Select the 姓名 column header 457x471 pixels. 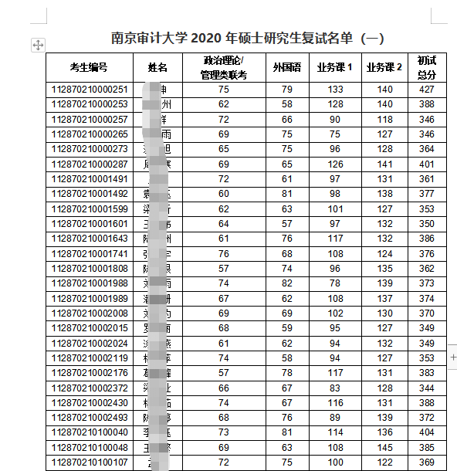click(157, 67)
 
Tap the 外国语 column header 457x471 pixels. click(286, 67)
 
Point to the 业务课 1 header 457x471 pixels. click(334, 67)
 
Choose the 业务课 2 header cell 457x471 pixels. click(384, 67)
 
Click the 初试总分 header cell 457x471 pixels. click(427, 67)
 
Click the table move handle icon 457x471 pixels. click(37, 46)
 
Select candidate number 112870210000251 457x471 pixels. click(89, 90)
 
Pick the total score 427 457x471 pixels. click(427, 90)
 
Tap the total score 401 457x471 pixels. click(427, 164)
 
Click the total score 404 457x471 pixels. click(427, 432)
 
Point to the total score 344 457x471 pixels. click(427, 388)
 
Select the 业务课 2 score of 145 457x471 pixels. click(384, 447)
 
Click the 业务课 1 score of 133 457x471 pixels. click(334, 90)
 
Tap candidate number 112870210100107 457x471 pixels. click(89, 462)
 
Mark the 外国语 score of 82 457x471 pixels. click(286, 283)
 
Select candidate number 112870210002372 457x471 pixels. click(89, 388)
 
